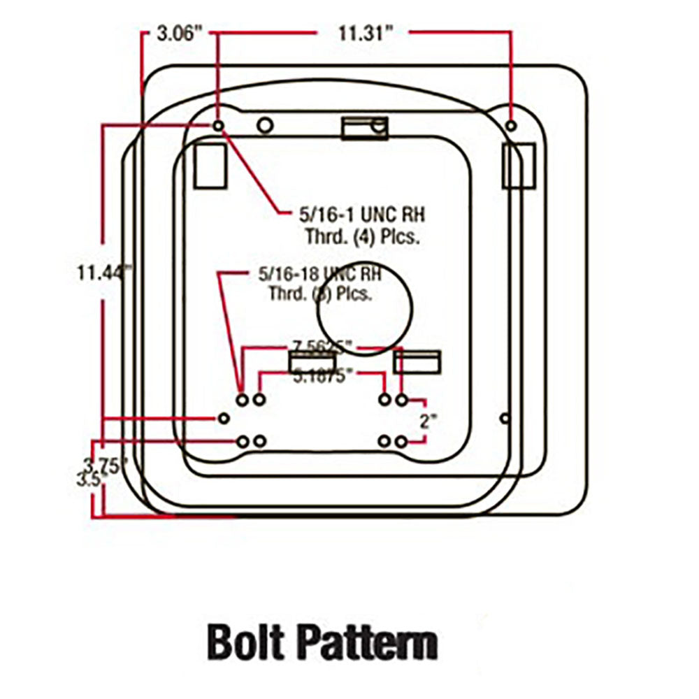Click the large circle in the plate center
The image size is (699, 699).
pos(363,309)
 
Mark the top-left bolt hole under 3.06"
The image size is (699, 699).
pos(218,125)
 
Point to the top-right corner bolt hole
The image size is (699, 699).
pos(512,125)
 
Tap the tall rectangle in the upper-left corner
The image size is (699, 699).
pos(210,166)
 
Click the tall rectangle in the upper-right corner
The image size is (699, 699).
pos(519,166)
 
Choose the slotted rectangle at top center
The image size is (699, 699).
pos(363,128)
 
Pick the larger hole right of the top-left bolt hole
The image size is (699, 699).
pos(265,125)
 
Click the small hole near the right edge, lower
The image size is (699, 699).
pos(505,418)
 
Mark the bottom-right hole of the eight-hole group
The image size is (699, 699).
pos(401,442)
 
